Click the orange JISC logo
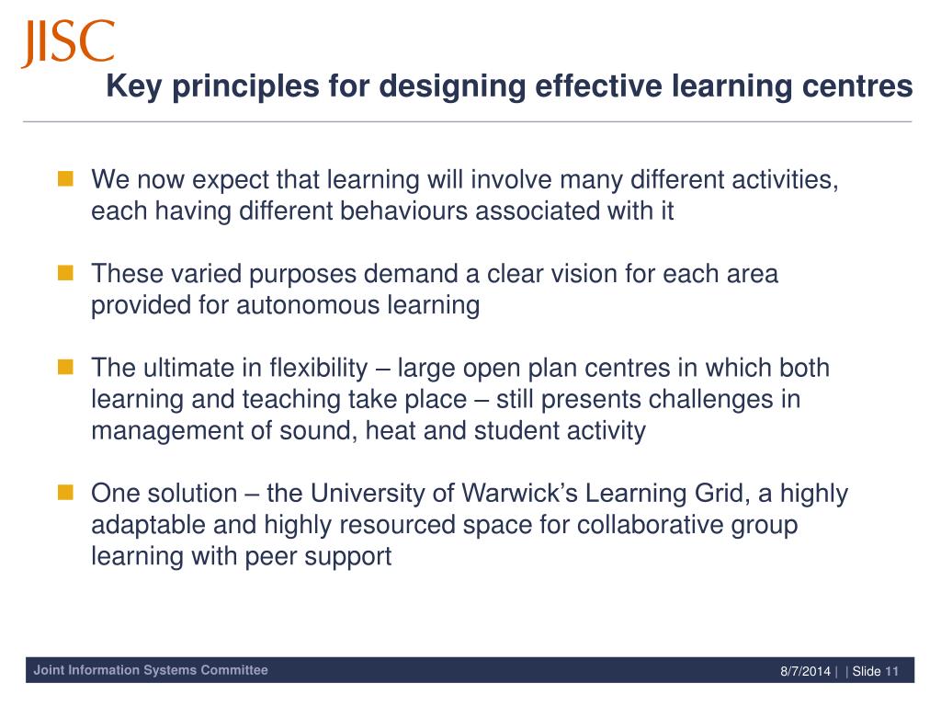point(67,44)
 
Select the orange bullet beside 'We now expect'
point(65,179)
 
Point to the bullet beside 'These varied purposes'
point(65,274)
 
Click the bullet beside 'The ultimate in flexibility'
point(65,369)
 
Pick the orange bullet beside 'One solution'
point(65,494)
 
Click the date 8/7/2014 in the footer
point(805,671)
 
